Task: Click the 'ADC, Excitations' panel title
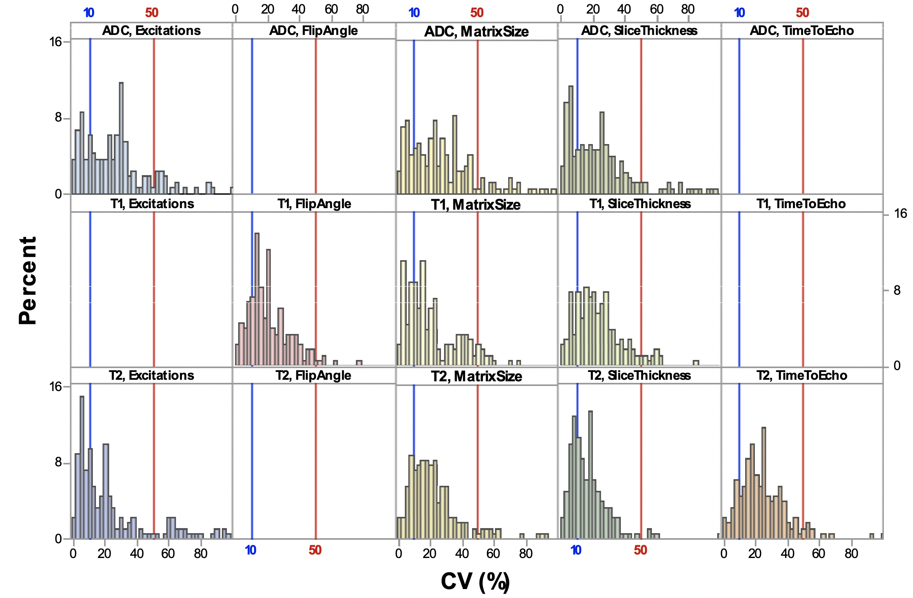[x=151, y=31]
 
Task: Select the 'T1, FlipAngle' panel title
[x=314, y=204]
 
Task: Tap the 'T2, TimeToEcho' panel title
[x=801, y=375]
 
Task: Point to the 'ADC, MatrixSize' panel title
[x=476, y=31]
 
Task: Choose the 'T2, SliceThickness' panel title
[x=639, y=375]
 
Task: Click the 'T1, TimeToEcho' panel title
[x=801, y=204]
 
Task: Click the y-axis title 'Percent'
[x=28, y=280]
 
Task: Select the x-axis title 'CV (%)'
[x=475, y=581]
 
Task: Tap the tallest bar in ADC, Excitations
[x=121, y=138]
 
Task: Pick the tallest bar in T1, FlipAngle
[x=257, y=299]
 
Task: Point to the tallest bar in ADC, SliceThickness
[x=571, y=140]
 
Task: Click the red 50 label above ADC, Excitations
[x=152, y=13]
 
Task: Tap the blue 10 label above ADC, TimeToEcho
[x=739, y=13]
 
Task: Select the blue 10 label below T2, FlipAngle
[x=251, y=550]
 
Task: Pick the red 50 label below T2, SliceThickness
[x=640, y=550]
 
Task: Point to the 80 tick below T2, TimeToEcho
[x=851, y=553]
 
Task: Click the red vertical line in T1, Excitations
[x=154, y=289]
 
